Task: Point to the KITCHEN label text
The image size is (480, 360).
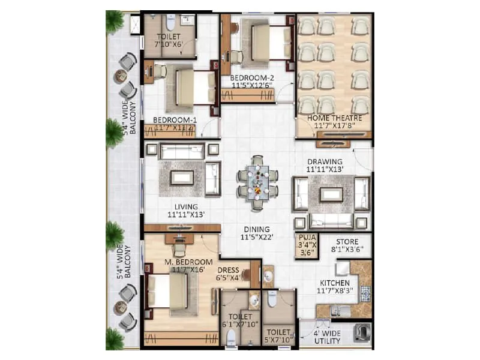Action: pos(335,284)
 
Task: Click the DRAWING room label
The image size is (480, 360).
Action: pos(324,166)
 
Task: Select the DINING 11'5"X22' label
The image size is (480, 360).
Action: pos(257,233)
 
